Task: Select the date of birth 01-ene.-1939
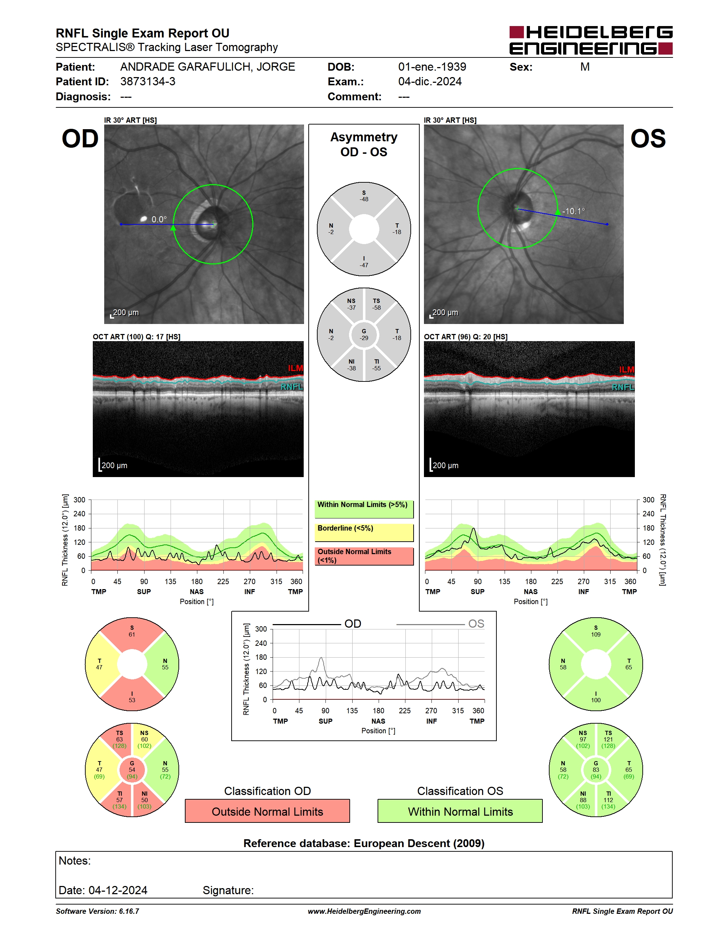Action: pos(432,67)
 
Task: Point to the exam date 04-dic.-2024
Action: pos(430,81)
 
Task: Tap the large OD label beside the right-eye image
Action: pos(80,139)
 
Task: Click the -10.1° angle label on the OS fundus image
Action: pos(573,211)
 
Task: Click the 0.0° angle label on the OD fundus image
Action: pos(159,219)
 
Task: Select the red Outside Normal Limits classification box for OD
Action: pos(267,811)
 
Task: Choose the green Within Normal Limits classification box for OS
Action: pos(460,811)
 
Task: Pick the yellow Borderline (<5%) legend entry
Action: pos(364,532)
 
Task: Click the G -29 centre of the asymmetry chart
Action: pos(364,335)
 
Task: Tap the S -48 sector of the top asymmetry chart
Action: pos(364,196)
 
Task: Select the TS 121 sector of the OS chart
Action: pos(608,739)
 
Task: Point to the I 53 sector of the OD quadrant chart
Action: pos(132,697)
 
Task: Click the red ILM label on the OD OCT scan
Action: pos(295,368)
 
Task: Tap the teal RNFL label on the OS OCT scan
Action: pos(623,387)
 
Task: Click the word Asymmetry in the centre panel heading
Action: pos(364,137)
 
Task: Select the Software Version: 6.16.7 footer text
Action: pos(97,911)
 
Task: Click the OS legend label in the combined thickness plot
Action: pos(476,624)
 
